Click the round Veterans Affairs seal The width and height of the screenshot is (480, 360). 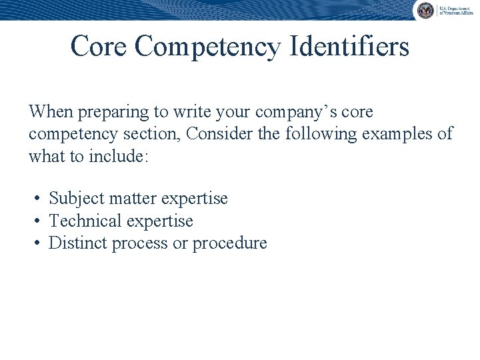pyautogui.click(x=425, y=10)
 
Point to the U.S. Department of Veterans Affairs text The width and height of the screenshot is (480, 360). pyautogui.click(x=455, y=10)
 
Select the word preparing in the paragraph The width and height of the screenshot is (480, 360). pyautogui.click(x=109, y=112)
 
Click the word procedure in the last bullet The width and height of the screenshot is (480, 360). pyautogui.click(x=230, y=243)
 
